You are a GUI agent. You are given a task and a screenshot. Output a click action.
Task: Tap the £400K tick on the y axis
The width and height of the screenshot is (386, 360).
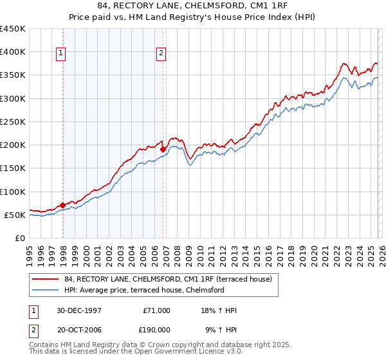coord(13,52)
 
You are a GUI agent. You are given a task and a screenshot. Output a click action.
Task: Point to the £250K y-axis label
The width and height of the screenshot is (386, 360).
coord(13,122)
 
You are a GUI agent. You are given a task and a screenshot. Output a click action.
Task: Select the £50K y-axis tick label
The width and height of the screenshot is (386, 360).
coord(15,215)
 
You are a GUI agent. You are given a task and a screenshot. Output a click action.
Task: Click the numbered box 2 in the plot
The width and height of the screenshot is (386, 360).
coord(161,54)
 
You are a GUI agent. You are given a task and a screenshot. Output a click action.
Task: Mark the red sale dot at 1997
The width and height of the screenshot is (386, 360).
coord(63,205)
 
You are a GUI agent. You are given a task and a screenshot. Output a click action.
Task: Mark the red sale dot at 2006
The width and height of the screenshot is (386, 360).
coord(163,150)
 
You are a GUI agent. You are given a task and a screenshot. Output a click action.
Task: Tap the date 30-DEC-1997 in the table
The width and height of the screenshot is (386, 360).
coord(79,310)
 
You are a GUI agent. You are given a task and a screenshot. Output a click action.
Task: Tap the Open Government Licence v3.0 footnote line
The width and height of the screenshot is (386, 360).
coord(136,352)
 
